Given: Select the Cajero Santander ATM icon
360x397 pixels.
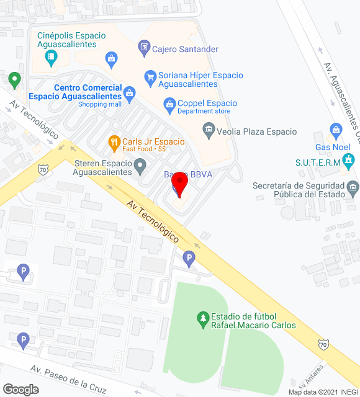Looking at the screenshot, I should point(144,46).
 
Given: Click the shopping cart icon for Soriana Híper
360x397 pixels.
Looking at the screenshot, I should point(150,77).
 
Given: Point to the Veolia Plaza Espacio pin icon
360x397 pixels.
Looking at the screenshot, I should point(209,130).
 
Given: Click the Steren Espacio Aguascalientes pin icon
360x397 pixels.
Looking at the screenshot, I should point(141,166).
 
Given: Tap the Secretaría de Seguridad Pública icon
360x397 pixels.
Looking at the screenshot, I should point(353,187).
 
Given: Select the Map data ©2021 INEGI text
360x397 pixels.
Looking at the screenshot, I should point(323,391).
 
